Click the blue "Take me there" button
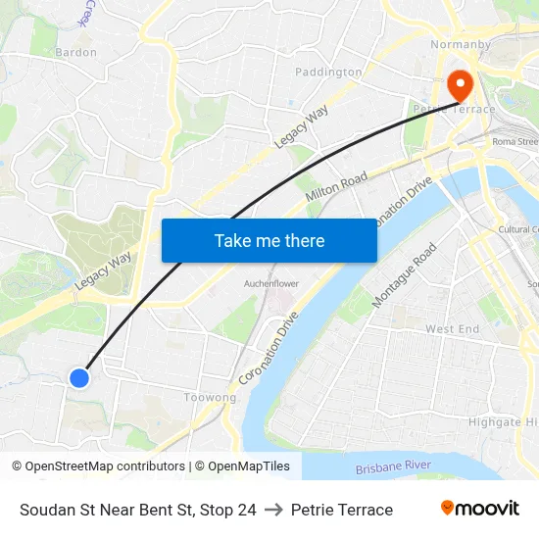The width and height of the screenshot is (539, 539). point(269,240)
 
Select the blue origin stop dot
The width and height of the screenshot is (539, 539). point(79,377)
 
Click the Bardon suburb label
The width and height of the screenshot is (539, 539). point(75,52)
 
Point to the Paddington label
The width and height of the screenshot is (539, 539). point(328,72)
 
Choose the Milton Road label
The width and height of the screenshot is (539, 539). point(335,186)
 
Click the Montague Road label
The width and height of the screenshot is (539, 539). point(405,275)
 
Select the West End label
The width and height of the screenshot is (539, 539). point(452,329)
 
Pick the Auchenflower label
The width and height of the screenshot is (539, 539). point(270,284)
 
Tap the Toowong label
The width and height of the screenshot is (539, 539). point(210,398)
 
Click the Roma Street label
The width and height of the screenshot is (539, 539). point(514,141)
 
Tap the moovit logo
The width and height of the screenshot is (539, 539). point(479,509)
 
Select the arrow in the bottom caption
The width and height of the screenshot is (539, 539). point(273,510)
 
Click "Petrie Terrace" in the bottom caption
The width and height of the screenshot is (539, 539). point(342,510)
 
